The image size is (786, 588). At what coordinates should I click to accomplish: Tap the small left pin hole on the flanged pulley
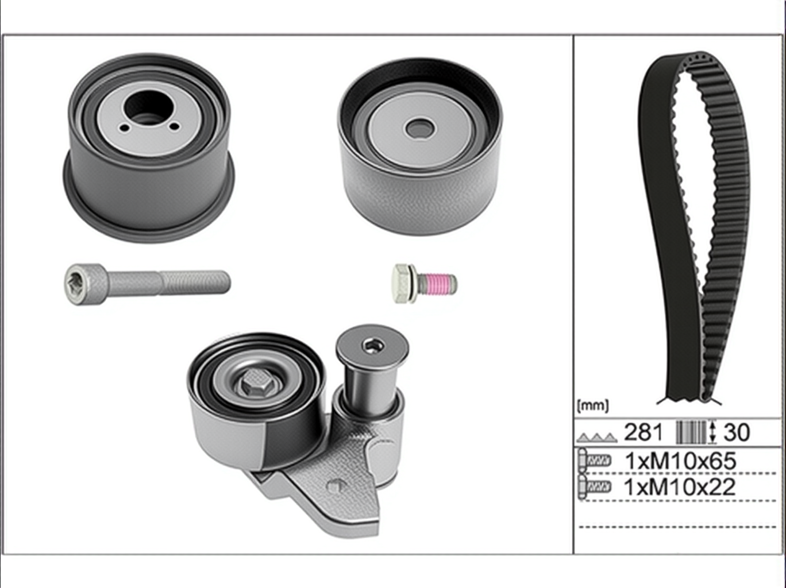125,128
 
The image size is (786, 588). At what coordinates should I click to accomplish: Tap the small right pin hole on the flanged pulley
175,126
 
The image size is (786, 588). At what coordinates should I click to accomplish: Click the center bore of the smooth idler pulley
419,128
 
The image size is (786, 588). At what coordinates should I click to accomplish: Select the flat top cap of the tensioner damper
372,347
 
